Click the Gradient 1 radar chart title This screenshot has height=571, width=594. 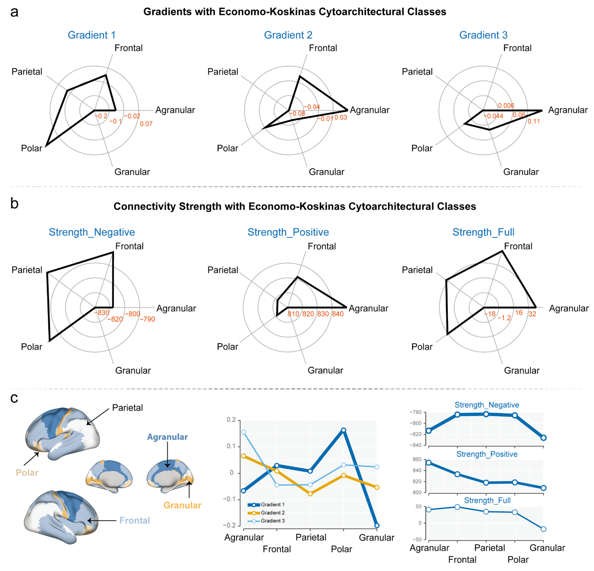91,35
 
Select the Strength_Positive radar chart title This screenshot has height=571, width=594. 288,232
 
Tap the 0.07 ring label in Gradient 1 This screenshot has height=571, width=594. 146,124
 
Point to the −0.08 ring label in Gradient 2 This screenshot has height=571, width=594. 297,114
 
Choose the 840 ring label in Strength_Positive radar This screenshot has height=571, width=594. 338,314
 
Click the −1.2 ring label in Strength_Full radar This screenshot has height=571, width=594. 504,318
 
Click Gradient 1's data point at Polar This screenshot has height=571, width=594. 343,430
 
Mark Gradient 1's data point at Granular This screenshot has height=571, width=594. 377,526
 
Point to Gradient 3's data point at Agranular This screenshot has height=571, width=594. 243,432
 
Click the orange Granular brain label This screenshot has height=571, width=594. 182,505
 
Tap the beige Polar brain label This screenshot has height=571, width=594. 27,473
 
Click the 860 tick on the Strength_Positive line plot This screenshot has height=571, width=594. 417,459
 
